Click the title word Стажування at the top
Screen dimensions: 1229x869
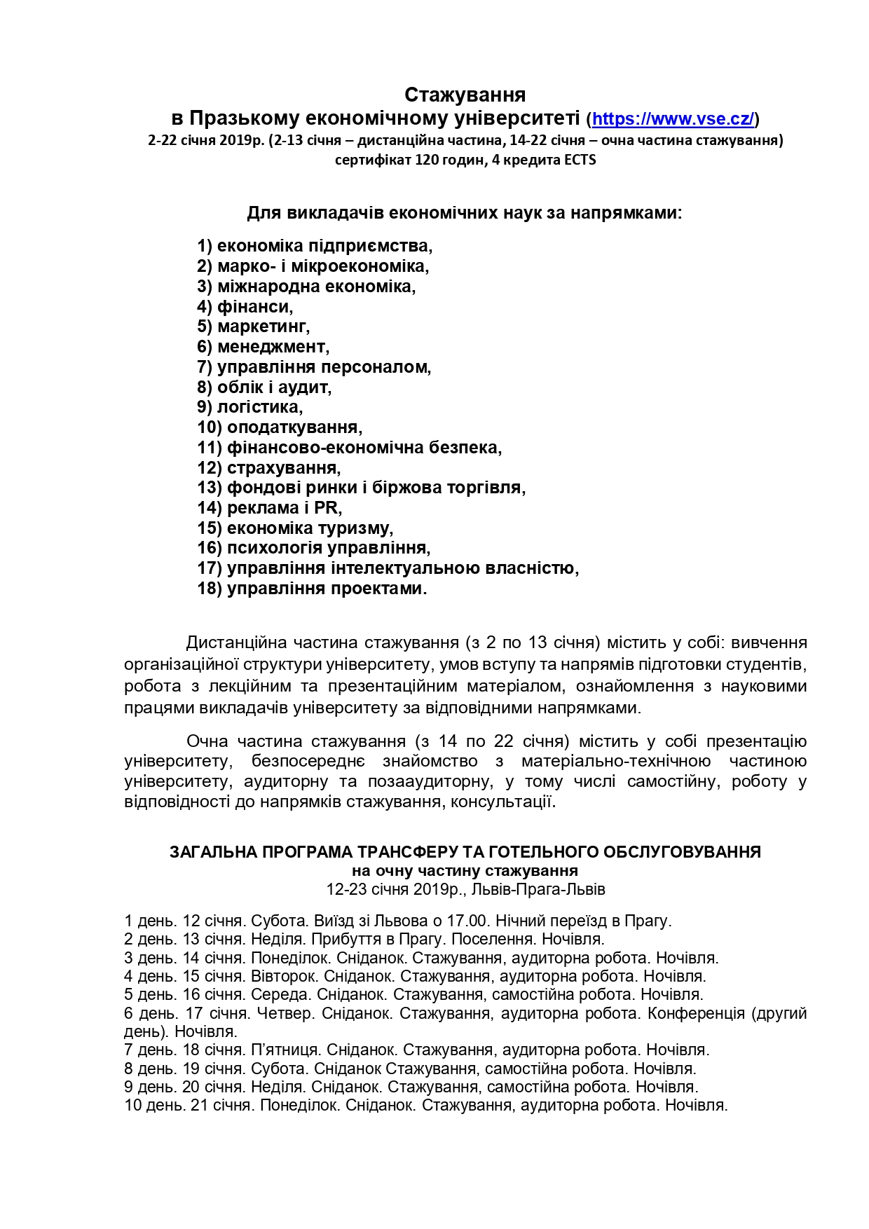(465, 94)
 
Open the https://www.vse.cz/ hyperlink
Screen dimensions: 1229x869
(673, 118)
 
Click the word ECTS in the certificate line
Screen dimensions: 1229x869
(579, 160)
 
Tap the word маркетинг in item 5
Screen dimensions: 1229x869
(263, 327)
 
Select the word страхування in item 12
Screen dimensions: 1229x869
(282, 467)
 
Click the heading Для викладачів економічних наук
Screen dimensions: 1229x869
(464, 212)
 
